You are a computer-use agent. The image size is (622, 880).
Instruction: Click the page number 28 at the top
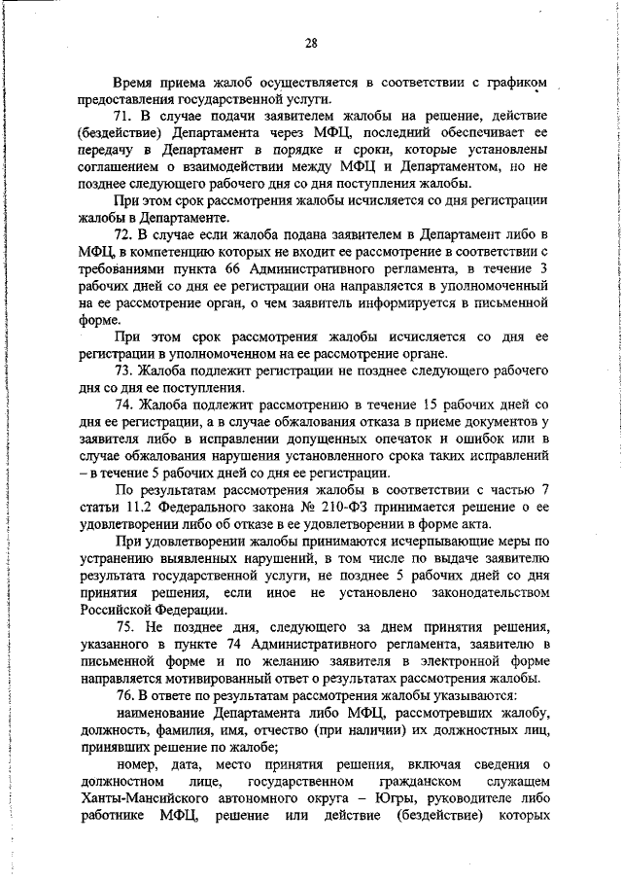[x=311, y=42]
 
